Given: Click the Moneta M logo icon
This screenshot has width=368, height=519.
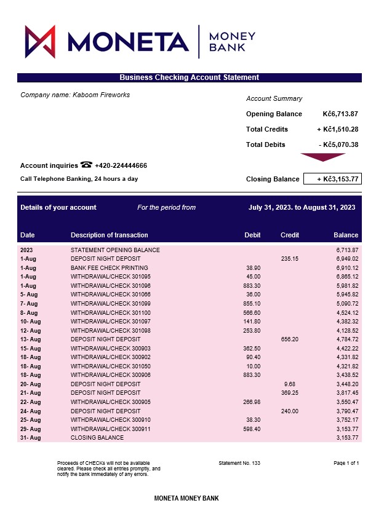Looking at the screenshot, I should (40, 42).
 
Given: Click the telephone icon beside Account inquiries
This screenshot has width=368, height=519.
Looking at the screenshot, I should (86, 165).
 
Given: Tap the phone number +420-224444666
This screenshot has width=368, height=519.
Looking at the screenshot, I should (121, 165).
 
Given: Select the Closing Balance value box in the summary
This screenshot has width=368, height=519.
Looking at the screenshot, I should (332, 179).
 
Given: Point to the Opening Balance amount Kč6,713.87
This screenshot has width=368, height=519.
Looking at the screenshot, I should (340, 114).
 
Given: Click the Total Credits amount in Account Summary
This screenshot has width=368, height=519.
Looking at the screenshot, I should (337, 129).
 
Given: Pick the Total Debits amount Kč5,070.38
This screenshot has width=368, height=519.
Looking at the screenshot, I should (338, 145).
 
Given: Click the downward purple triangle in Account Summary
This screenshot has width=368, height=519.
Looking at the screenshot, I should (322, 157).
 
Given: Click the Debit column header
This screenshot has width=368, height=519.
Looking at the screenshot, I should (252, 235).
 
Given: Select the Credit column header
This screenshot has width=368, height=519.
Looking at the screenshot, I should (290, 235).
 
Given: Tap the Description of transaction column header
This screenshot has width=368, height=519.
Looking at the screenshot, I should (110, 235).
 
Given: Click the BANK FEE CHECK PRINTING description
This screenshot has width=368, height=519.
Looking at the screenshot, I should (110, 268).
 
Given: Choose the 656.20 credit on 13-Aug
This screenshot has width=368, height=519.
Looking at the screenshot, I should (290, 339).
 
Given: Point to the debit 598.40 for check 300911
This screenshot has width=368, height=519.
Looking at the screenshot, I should (252, 429).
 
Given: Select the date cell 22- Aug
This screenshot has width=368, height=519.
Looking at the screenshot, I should (30, 402).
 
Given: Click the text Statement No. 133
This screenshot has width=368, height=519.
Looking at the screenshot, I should (239, 462).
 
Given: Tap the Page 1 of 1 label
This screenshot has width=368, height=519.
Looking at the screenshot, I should (346, 462).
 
